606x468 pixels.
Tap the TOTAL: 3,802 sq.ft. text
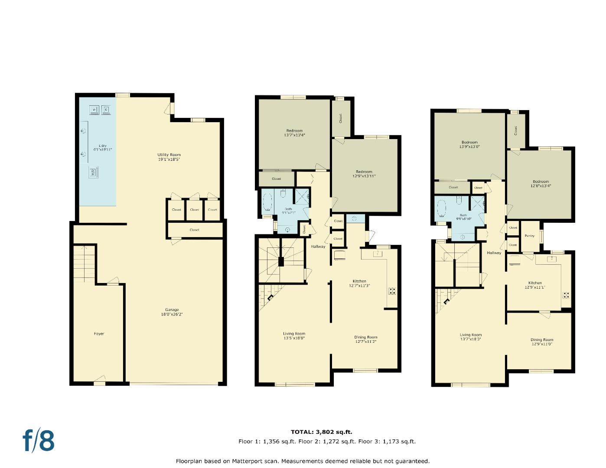tap(321, 432)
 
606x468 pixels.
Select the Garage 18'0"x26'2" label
tap(172, 312)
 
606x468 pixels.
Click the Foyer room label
tap(99, 334)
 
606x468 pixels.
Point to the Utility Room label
tap(169, 157)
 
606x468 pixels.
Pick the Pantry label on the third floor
tap(529, 236)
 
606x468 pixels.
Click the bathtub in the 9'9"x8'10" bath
tap(441, 208)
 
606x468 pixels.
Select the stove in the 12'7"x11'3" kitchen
tap(392, 291)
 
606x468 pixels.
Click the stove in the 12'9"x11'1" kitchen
tap(566, 296)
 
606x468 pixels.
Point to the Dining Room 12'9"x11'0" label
tap(541, 342)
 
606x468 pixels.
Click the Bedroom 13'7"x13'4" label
tap(294, 133)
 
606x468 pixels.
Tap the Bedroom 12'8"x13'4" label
tap(541, 184)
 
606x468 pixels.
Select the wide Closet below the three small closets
tap(194, 230)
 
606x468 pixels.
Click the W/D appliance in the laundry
tap(93, 172)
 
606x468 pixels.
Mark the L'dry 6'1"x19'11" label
tap(102, 147)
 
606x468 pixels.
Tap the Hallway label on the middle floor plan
tap(318, 247)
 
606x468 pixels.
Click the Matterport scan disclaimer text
tap(303, 461)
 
